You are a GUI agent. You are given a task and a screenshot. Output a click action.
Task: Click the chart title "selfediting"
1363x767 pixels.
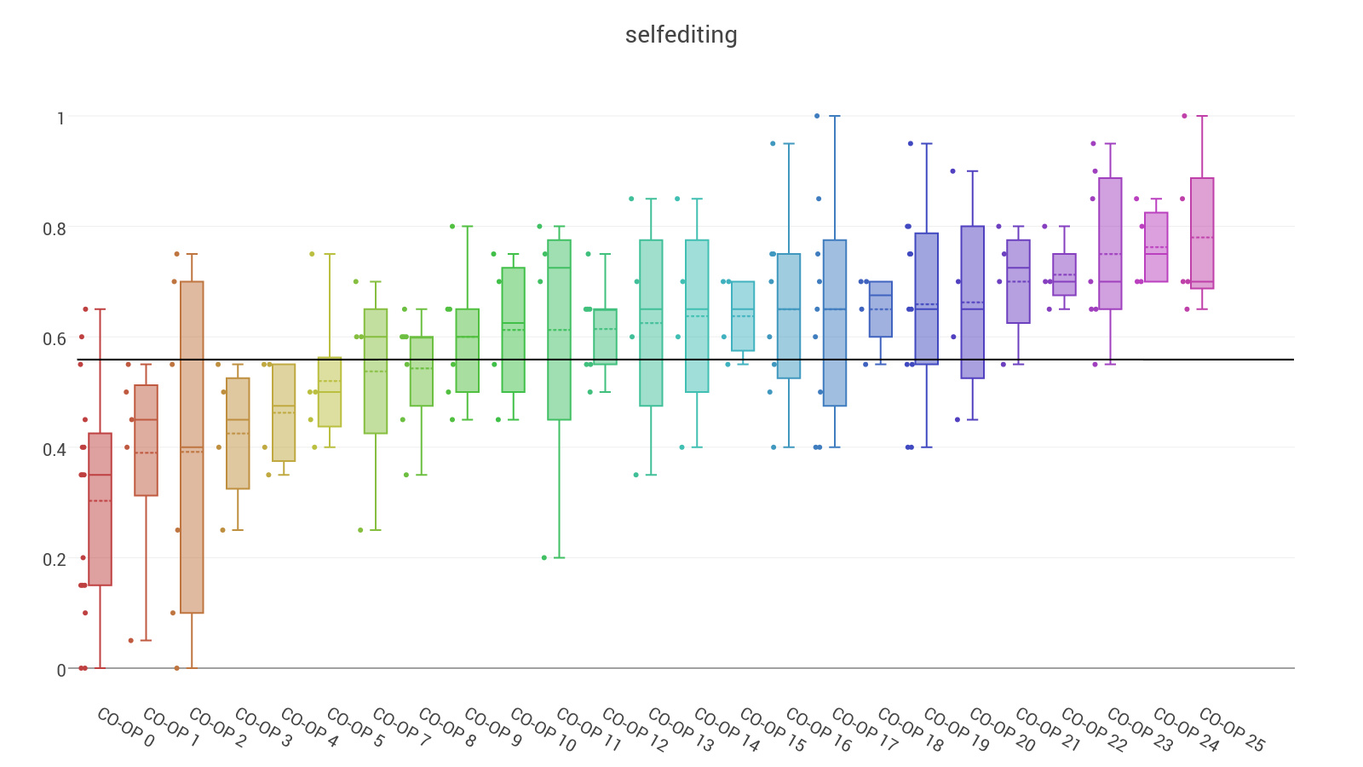point(681,35)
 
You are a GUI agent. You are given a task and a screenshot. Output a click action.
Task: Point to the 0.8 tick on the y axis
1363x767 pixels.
point(54,228)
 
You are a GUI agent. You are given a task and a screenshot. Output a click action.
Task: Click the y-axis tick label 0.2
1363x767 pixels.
point(54,560)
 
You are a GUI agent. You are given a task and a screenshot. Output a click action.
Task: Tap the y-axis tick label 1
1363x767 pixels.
point(60,118)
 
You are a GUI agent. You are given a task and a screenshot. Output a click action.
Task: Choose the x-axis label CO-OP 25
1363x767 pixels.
point(1232,730)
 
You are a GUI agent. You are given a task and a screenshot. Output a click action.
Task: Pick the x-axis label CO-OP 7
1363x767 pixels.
point(401,727)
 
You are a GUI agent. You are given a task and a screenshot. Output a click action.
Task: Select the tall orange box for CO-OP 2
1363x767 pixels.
point(192,447)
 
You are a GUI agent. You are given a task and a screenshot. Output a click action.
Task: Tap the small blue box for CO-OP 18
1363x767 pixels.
point(881,309)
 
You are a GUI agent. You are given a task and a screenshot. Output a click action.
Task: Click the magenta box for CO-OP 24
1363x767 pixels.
point(1156,247)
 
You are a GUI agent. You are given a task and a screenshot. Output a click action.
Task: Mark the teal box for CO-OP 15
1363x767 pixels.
point(743,316)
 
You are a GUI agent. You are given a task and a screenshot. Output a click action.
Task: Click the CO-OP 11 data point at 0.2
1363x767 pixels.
point(544,557)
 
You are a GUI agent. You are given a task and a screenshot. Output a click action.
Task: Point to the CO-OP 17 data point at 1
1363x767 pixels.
point(817,116)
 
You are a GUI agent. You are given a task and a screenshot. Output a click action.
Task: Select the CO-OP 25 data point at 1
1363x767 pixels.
point(1184,116)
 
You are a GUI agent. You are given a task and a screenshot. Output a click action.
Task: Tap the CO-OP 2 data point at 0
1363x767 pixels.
point(177,668)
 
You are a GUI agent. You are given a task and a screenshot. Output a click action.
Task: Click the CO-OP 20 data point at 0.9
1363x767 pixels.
point(952,171)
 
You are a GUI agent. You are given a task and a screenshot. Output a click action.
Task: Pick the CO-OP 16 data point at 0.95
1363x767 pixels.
point(773,144)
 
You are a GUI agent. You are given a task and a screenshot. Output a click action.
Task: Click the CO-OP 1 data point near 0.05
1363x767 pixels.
point(131,640)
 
